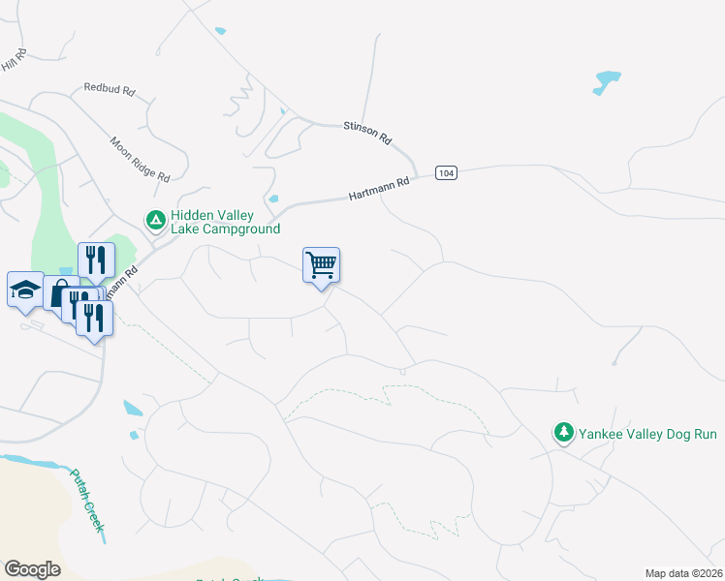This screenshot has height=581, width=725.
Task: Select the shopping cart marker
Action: pos(321,265)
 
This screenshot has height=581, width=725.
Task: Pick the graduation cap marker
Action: pos(24,289)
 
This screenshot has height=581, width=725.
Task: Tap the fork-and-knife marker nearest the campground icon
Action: pos(96,260)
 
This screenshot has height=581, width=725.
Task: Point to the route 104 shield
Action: pos(445,172)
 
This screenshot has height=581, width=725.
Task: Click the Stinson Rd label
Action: pos(367,133)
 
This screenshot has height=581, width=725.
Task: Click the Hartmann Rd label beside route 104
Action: pos(380,189)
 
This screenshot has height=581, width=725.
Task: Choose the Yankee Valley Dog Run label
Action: pos(648,433)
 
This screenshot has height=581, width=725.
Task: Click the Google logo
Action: pos(32,569)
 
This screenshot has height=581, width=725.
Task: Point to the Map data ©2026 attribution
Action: pos(683,573)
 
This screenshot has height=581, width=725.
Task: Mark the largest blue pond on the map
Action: pos(606,82)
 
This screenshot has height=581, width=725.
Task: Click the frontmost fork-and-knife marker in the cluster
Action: pos(94,318)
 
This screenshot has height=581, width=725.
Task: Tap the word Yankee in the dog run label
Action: pos(601,433)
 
